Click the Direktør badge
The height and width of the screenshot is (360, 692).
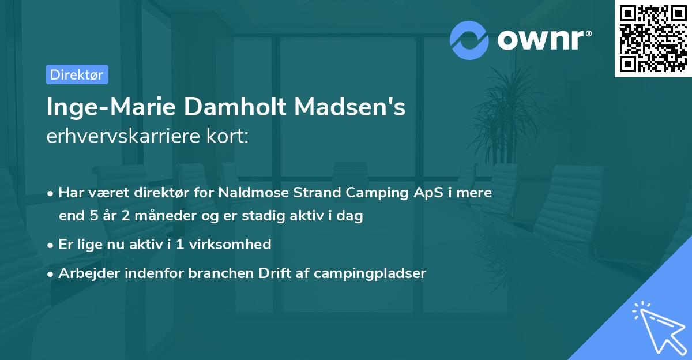77,74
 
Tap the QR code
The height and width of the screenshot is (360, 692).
653,39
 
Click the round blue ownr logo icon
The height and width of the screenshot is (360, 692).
469,40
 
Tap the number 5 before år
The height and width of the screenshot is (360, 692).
95,217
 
